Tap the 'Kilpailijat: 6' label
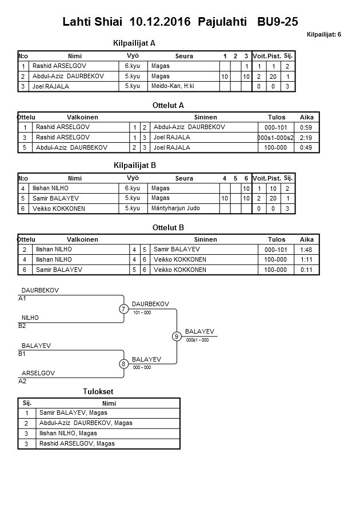click(x=323, y=35)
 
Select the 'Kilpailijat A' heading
click(x=135, y=43)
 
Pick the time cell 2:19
click(x=306, y=137)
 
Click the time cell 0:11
click(x=306, y=270)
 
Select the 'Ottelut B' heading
click(x=168, y=227)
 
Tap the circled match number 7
click(x=123, y=309)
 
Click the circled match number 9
click(x=177, y=336)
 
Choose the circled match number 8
click(x=123, y=364)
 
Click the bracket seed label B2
click(x=22, y=326)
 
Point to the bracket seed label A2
click(x=22, y=380)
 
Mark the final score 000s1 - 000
click(x=197, y=340)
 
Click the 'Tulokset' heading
click(x=98, y=392)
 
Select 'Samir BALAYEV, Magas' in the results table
click(x=73, y=412)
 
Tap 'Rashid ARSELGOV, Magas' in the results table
click(x=77, y=443)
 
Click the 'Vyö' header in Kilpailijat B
click(x=133, y=178)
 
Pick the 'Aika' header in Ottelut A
click(x=306, y=117)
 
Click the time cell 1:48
click(x=306, y=249)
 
